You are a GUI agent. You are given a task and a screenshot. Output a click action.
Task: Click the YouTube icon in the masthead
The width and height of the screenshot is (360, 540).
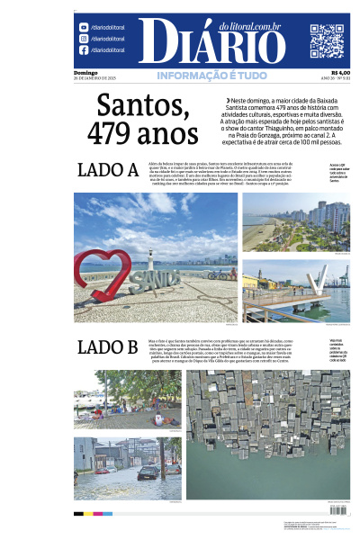point(84,28)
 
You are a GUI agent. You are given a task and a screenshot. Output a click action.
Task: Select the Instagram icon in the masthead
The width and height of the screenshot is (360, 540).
point(84,39)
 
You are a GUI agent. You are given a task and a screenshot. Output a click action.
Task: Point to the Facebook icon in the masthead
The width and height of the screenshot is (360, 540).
point(84,50)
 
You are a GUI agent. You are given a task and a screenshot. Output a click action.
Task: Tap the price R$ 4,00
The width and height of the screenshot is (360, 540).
point(340,73)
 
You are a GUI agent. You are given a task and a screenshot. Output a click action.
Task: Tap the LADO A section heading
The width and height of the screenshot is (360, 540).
point(107,170)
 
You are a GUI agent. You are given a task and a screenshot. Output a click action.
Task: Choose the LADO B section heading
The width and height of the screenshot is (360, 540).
point(107,347)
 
